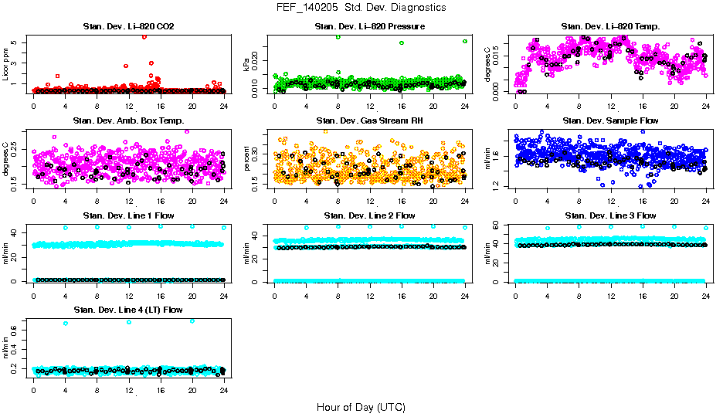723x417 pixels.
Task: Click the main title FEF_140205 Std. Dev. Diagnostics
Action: coord(361,8)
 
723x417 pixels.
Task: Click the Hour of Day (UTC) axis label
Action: coord(361,406)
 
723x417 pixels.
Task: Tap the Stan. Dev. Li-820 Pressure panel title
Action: coord(370,27)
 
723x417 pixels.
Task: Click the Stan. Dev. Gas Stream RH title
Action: coord(370,121)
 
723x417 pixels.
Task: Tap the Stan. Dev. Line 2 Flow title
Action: coord(370,215)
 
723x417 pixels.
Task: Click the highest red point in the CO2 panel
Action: coord(144,36)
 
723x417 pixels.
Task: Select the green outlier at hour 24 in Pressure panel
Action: coord(465,41)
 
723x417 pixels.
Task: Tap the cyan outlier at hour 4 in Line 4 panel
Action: coord(65,323)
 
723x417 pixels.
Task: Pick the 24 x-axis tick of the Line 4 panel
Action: coord(224,391)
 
